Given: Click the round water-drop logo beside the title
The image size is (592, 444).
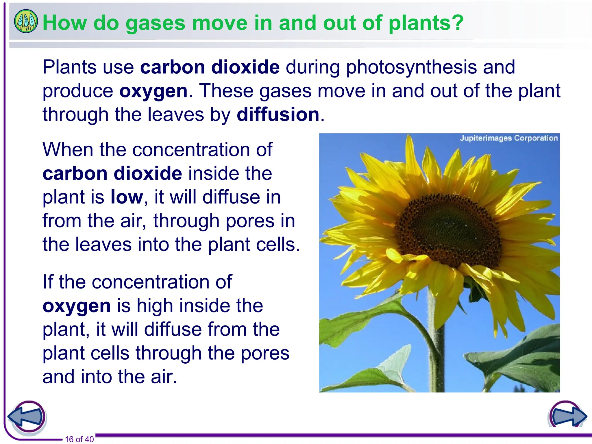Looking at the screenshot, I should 26,21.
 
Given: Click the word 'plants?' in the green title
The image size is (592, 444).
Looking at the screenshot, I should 426,23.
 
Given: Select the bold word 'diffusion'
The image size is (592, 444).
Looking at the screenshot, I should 278,114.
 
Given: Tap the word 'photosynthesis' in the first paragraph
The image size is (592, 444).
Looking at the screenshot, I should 411,67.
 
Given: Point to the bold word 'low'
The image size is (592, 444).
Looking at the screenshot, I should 127,197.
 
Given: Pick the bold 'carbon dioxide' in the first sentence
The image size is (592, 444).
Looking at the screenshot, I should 210,67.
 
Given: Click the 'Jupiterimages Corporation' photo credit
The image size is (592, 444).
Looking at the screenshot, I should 508,138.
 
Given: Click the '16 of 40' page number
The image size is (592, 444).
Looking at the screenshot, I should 79,439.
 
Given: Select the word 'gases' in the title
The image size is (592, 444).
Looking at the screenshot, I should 155,23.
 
